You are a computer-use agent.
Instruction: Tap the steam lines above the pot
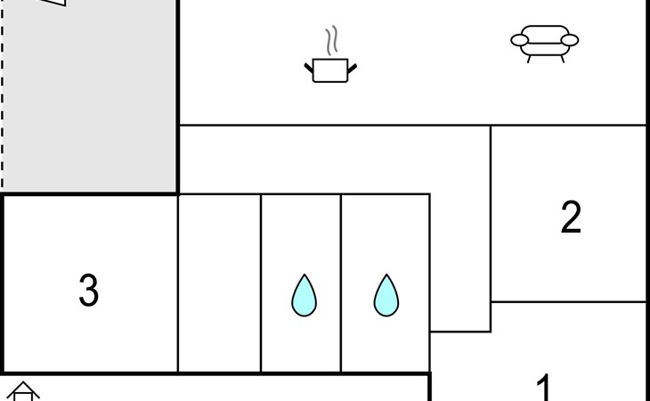[x=331, y=41]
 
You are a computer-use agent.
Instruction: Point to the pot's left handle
[x=309, y=69]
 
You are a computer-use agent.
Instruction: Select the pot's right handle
[x=352, y=69]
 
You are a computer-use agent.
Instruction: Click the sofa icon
[x=545, y=44]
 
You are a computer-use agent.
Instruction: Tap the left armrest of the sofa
[x=519, y=40]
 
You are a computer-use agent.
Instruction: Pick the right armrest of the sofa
[x=570, y=40]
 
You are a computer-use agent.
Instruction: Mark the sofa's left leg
[x=529, y=60]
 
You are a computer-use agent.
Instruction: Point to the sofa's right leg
[x=563, y=60]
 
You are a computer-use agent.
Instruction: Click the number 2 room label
[x=571, y=217]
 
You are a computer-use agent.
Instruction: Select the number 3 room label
[x=89, y=291]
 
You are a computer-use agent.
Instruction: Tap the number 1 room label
[x=543, y=387]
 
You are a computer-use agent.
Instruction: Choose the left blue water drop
[x=304, y=295]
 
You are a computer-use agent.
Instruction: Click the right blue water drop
[x=386, y=295]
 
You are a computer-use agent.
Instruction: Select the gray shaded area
[x=89, y=97]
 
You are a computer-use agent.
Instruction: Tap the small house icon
[x=23, y=391]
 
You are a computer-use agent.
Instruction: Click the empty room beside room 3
[x=219, y=283]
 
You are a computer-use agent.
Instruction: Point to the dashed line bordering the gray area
[x=2, y=94]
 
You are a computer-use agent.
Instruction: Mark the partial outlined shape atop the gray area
[x=55, y=3]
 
